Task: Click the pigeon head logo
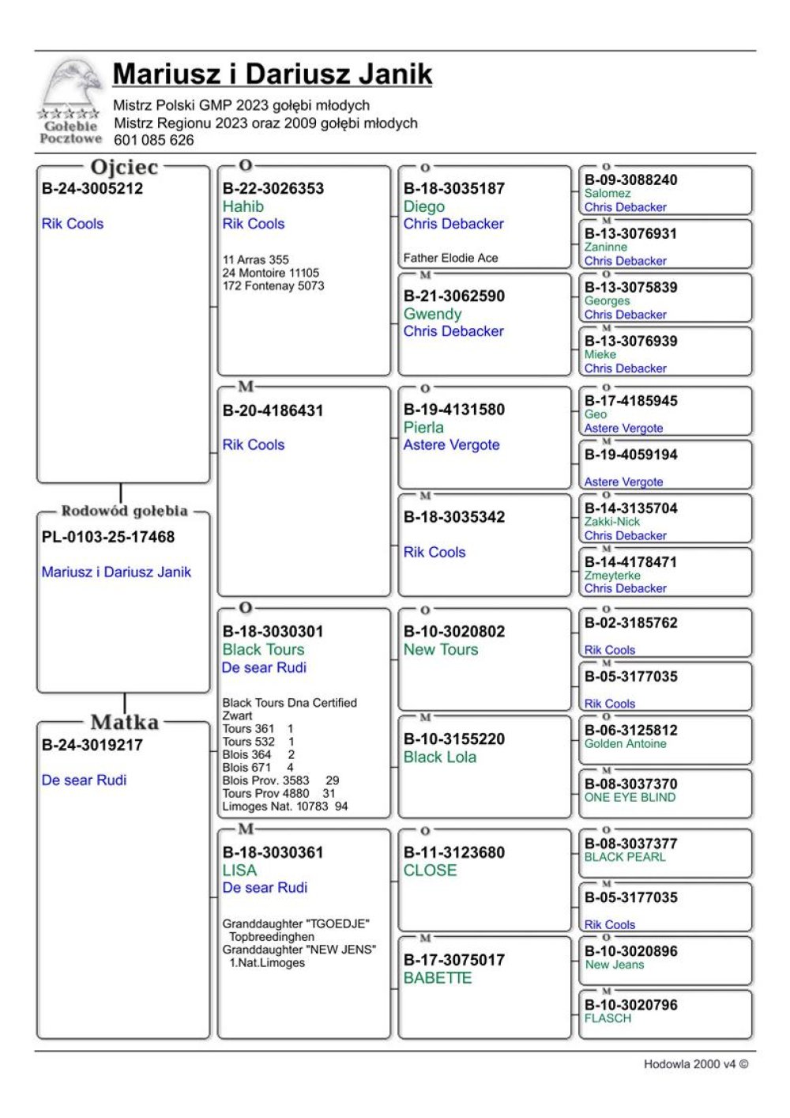(73, 82)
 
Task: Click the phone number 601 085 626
(153, 140)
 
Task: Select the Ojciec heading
(124, 168)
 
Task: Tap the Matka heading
(124, 722)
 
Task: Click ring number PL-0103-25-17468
(108, 537)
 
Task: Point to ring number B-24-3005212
(92, 189)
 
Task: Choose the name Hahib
(243, 206)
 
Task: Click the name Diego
(423, 206)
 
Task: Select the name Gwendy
(432, 314)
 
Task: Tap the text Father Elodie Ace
(450, 258)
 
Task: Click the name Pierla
(423, 428)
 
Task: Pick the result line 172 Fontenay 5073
(273, 286)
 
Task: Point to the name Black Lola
(440, 757)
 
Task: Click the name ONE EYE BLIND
(630, 797)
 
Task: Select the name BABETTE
(438, 978)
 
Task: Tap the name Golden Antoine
(625, 743)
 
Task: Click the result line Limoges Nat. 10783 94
(285, 806)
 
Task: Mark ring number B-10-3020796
(630, 1005)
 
